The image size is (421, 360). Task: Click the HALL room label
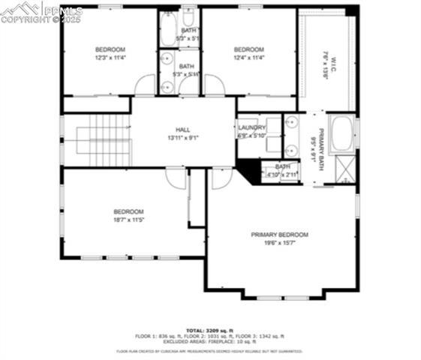click(x=183, y=130)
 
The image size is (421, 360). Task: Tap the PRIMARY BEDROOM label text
click(x=279, y=235)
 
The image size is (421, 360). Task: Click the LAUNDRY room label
click(x=251, y=127)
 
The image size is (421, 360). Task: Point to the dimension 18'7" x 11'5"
click(x=128, y=220)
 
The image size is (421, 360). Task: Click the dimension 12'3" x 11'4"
click(x=110, y=58)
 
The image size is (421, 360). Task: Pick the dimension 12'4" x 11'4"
click(x=249, y=58)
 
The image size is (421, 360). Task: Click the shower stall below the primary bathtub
click(x=345, y=167)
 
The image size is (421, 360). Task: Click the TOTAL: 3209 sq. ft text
click(x=210, y=330)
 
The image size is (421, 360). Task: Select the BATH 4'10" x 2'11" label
click(x=282, y=170)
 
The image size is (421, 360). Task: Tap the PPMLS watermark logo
click(x=41, y=12)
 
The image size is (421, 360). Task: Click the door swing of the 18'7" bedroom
click(x=175, y=177)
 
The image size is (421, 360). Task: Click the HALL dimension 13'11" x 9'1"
click(x=183, y=138)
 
